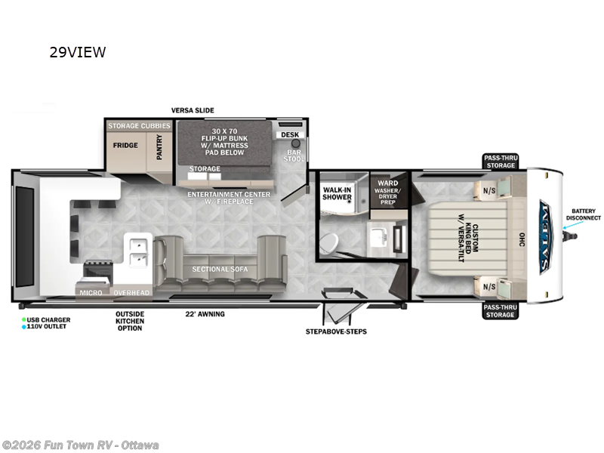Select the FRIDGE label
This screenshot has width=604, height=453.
click(x=125, y=145)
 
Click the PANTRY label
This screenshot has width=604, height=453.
click(x=159, y=146)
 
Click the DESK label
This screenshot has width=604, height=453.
click(x=289, y=135)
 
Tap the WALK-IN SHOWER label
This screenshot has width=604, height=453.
click(x=337, y=193)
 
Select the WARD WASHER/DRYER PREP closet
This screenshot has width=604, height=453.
click(x=388, y=191)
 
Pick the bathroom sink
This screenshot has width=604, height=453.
click(x=376, y=236)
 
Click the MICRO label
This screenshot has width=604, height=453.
click(x=91, y=291)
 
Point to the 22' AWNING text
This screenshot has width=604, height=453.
click(x=205, y=313)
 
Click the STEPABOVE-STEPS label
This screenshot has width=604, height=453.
click(x=336, y=331)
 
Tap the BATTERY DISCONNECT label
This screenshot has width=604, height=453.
click(x=584, y=214)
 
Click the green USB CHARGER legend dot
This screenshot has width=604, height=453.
click(x=23, y=319)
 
